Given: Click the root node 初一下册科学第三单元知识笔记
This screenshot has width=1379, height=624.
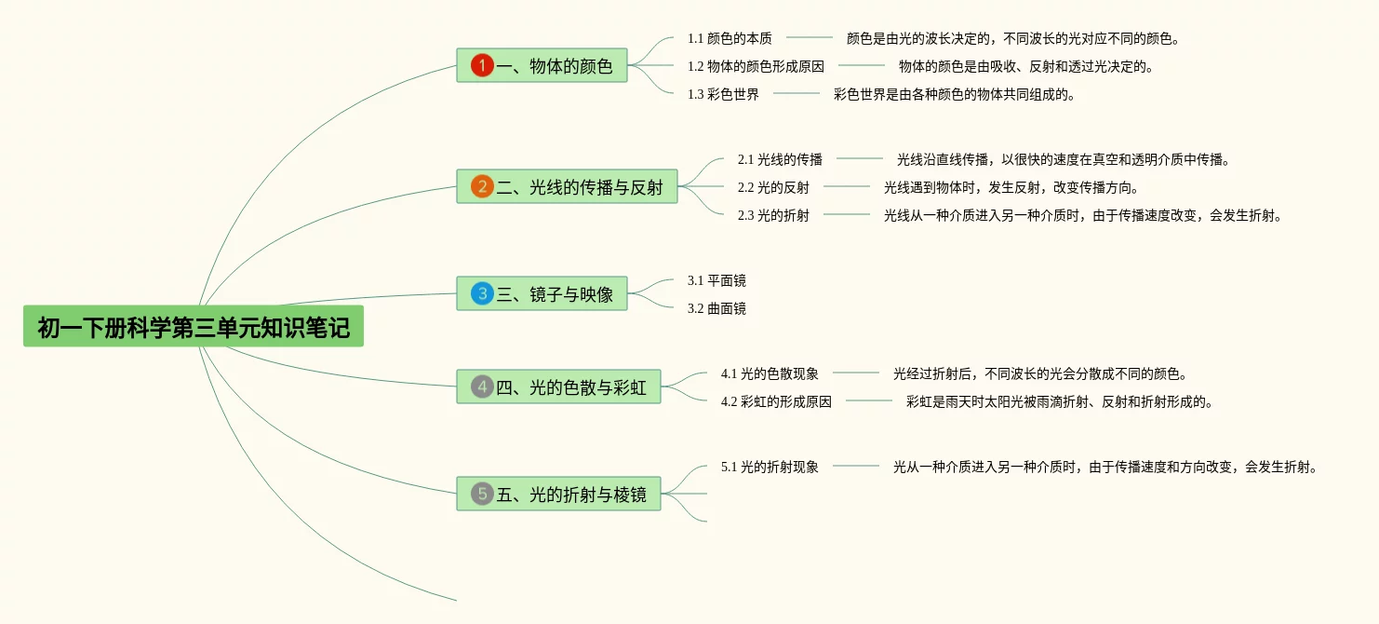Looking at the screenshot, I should tap(194, 327).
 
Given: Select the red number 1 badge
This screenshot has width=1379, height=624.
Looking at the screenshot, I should tap(482, 65).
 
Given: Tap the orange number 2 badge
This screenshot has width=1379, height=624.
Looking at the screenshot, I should tap(482, 186).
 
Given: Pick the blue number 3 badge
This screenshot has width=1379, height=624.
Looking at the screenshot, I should tap(482, 293).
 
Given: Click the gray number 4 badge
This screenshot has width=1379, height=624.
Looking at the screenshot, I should tap(482, 387).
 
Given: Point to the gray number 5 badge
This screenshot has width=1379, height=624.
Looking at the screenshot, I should tap(482, 494).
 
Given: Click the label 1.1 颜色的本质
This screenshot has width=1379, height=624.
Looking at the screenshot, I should tap(730, 38).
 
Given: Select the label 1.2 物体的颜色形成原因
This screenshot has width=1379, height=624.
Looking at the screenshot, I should tap(756, 66).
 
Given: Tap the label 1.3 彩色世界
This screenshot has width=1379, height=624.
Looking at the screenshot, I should tap(723, 94).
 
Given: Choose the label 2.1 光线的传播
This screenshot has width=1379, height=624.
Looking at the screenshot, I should tap(780, 159).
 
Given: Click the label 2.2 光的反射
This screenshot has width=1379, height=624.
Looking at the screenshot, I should tap(773, 187).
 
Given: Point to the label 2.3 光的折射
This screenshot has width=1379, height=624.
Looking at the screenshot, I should tap(773, 215).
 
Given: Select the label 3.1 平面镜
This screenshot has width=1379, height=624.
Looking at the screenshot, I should tap(716, 280).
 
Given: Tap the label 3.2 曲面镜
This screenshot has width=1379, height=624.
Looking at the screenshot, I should tap(716, 308).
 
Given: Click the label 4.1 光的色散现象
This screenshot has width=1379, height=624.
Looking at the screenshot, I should tap(770, 373).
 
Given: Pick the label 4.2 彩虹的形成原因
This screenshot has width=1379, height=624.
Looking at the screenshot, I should tap(776, 401).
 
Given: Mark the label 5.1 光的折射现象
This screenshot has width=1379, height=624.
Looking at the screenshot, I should tap(770, 467).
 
